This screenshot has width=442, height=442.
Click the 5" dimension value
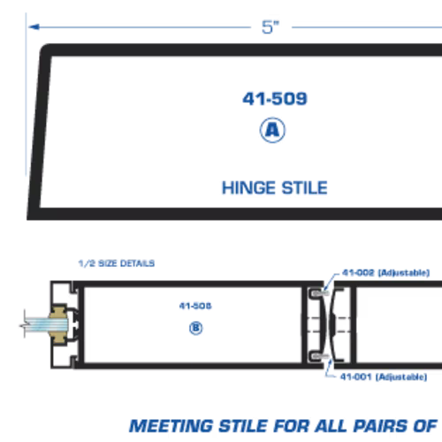(271, 27)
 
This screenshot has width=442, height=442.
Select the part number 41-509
(275, 99)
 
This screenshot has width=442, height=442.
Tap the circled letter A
(272, 130)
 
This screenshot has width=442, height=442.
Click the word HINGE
(249, 187)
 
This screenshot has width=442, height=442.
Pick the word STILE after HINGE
(305, 187)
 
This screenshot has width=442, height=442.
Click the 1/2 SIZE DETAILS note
(117, 263)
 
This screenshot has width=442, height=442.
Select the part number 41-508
(195, 306)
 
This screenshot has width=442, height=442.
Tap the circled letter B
(196, 328)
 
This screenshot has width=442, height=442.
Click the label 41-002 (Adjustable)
(385, 272)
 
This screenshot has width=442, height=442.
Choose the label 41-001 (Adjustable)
(384, 377)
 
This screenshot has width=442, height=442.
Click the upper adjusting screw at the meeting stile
(320, 293)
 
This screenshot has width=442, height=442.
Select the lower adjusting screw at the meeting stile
(320, 357)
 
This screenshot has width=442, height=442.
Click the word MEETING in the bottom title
(171, 426)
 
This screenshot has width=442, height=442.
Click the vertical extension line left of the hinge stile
(26, 95)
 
